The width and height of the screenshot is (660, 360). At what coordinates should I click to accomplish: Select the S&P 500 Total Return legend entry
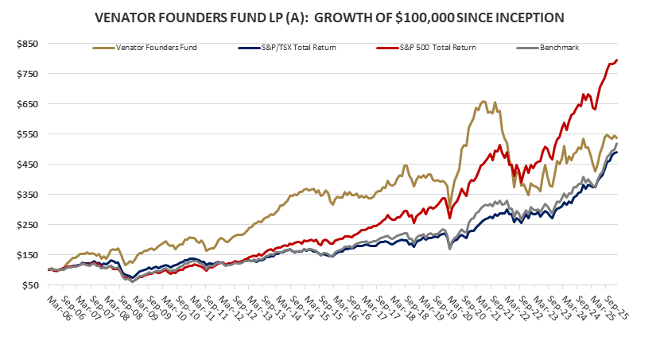[x=426, y=48]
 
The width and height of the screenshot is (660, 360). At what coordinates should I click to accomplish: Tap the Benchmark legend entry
[x=556, y=48]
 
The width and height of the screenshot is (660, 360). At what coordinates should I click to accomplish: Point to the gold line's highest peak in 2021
[x=483, y=102]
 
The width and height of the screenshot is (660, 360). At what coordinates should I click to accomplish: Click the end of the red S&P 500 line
[x=618, y=60]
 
